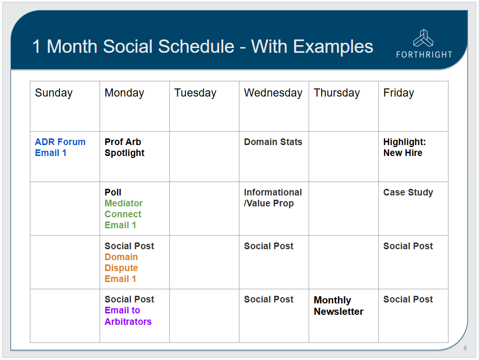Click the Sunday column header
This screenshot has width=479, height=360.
pos(54,93)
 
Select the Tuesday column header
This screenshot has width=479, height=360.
pos(195,93)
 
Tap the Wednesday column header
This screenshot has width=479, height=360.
pos(273,93)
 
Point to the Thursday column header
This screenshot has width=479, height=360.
pos(336,93)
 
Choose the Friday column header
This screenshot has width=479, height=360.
pos(399,93)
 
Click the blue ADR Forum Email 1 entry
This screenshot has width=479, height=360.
pos(60,147)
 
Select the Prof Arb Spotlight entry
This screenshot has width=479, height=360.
pos(125,147)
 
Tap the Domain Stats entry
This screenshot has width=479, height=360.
pos(273,142)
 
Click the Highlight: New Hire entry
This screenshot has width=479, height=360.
pos(404,147)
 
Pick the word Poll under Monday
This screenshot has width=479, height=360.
pos(113,192)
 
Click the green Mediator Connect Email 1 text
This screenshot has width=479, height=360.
pos(124,214)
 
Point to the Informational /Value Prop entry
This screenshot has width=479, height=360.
pos(273,198)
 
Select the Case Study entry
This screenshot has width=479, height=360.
pos(408,192)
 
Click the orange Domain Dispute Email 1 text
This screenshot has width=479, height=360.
pos(121,268)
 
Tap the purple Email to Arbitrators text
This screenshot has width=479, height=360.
pos(128,316)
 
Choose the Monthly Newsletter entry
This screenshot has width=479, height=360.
pos(338,306)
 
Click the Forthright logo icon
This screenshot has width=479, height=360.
pos(423,38)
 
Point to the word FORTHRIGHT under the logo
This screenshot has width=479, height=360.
pos(424,55)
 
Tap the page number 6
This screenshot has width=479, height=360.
pos(465,348)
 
